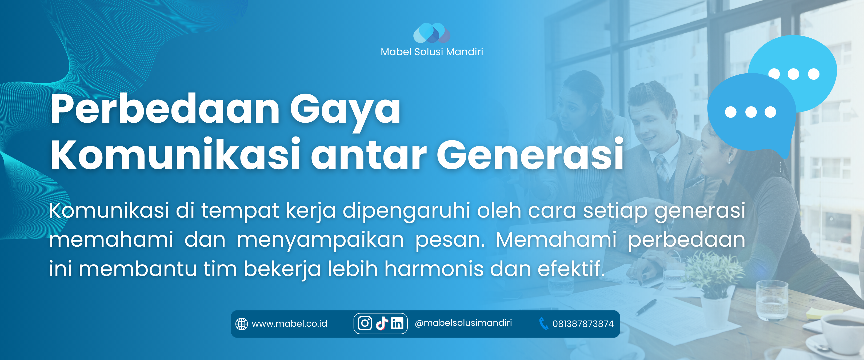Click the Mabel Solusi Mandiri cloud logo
click(x=432, y=33)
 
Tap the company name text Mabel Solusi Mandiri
click(x=432, y=52)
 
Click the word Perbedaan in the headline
click(x=165, y=109)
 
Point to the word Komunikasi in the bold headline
click(x=175, y=154)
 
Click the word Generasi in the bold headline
click(x=530, y=154)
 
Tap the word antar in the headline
click(x=369, y=156)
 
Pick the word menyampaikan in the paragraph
click(x=320, y=241)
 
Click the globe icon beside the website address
click(x=242, y=324)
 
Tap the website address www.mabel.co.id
click(x=289, y=324)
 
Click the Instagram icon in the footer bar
click(x=365, y=323)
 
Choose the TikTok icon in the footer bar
click(x=382, y=323)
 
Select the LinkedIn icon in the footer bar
click(x=397, y=323)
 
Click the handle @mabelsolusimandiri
click(x=463, y=323)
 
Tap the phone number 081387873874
click(x=583, y=324)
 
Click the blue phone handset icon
click(x=543, y=323)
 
